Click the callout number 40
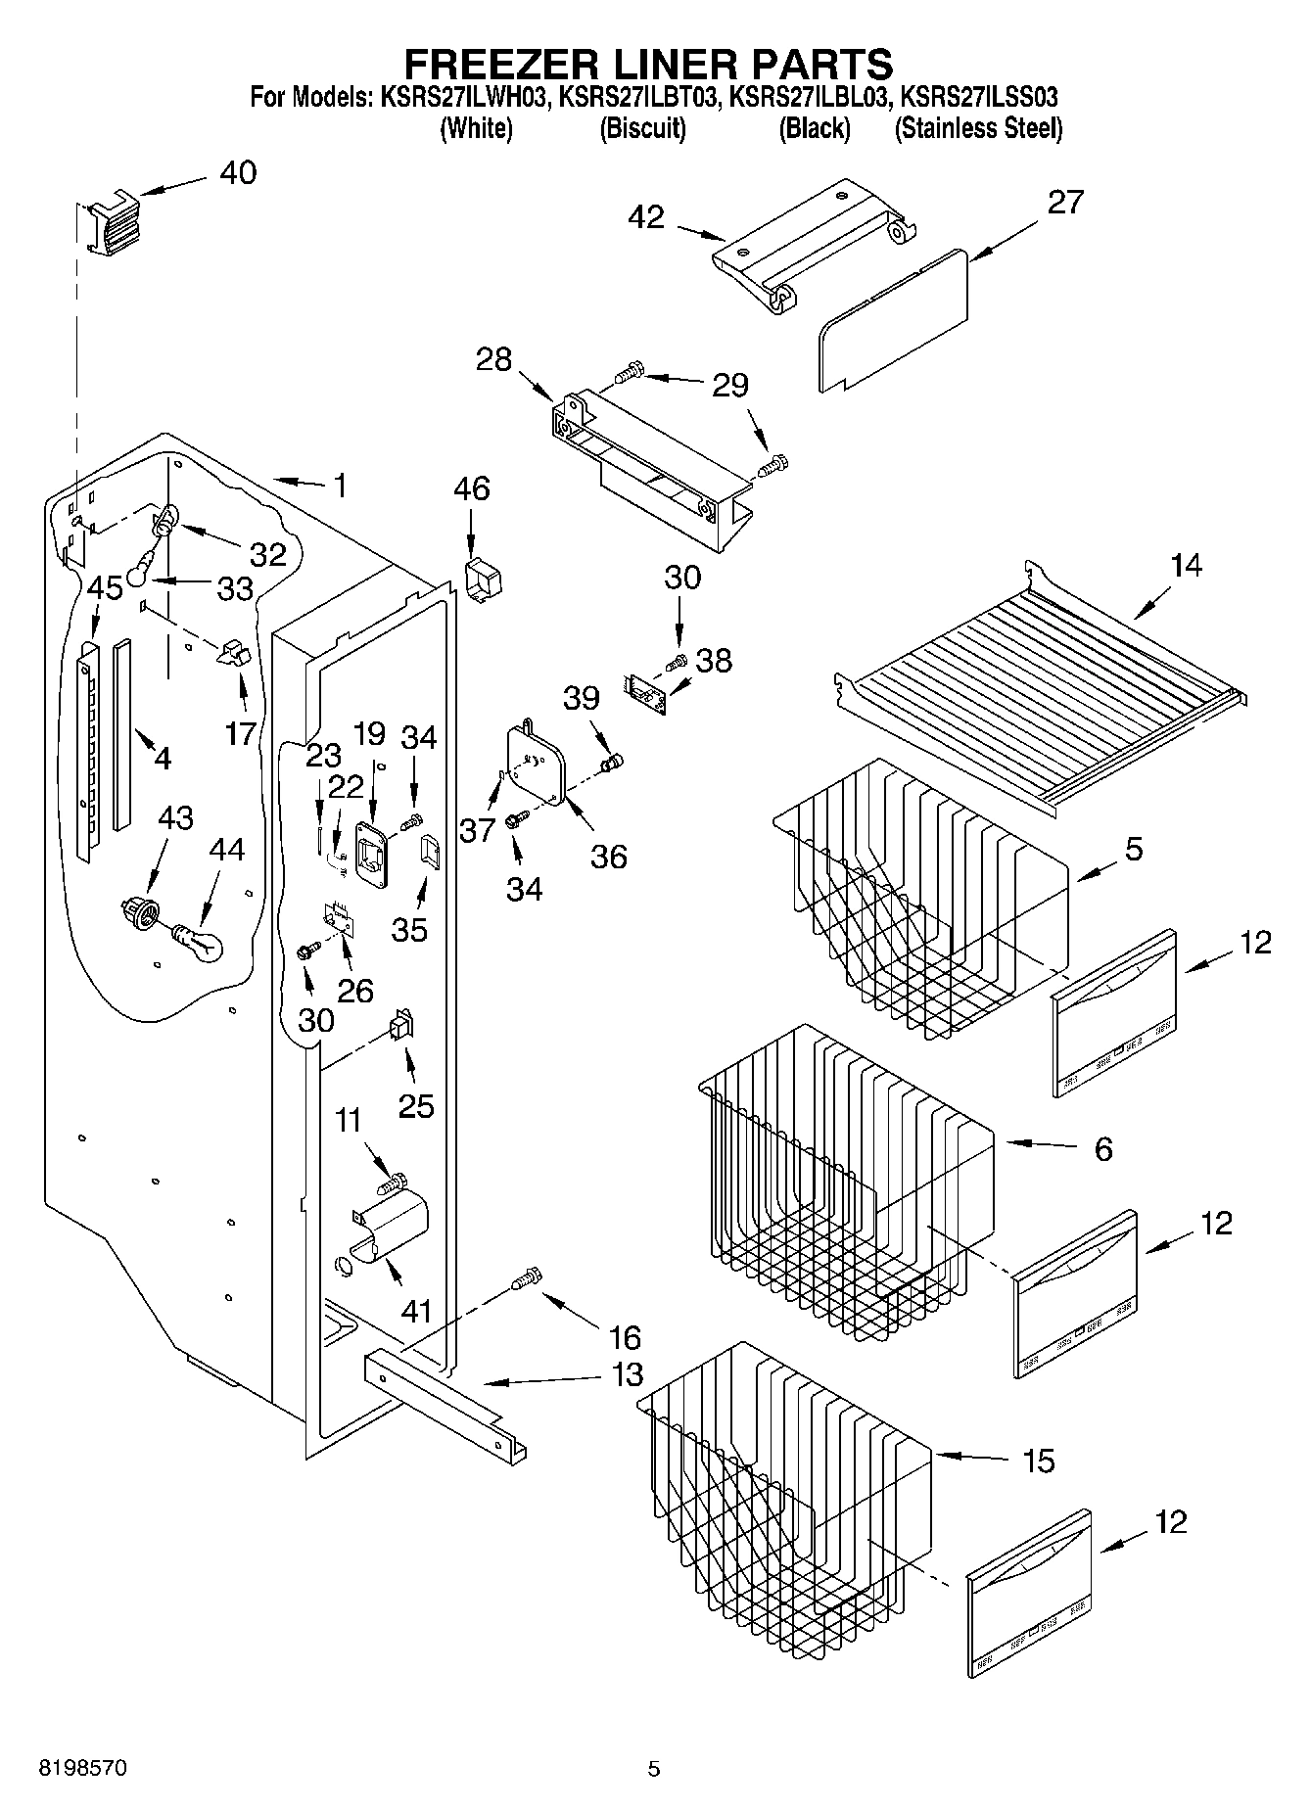(x=238, y=173)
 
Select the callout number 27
(x=1065, y=203)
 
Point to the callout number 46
(x=472, y=487)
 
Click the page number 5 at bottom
(x=654, y=1768)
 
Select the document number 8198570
(x=82, y=1768)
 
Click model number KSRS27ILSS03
(x=978, y=98)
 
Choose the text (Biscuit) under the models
(x=642, y=128)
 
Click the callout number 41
(x=417, y=1310)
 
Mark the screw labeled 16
(x=527, y=1278)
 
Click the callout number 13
(x=627, y=1374)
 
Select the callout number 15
(x=1038, y=1461)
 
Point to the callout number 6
(x=1102, y=1148)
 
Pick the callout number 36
(x=608, y=857)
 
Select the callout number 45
(x=106, y=588)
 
